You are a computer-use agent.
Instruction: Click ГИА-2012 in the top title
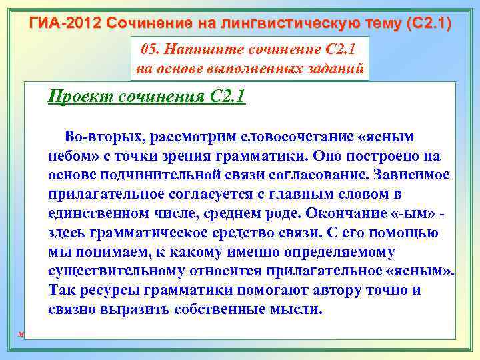coord(61,24)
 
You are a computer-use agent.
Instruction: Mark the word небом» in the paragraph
coord(70,156)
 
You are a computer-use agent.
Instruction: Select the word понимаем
coord(106,253)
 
